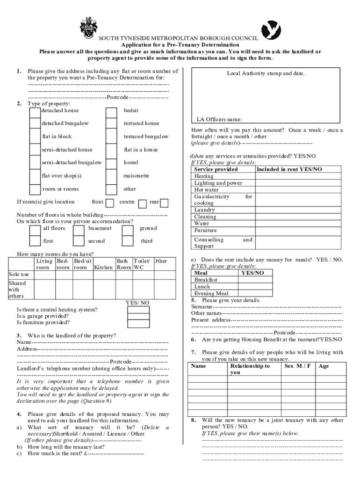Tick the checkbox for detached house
coord(35,113)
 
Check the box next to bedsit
coord(111,113)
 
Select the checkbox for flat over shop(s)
coord(35,177)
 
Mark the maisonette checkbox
coord(111,177)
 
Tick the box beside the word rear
coord(164,203)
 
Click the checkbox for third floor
coord(128,241)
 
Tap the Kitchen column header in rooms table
coord(103,268)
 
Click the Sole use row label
coord(19,274)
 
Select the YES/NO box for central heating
coord(138,310)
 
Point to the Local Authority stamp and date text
coord(266,73)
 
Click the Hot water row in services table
coord(206,190)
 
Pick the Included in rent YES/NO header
coord(289,169)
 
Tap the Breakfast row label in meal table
coord(206,279)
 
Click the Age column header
coord(324,366)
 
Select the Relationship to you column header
coord(250,369)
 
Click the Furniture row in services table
coord(206,231)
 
